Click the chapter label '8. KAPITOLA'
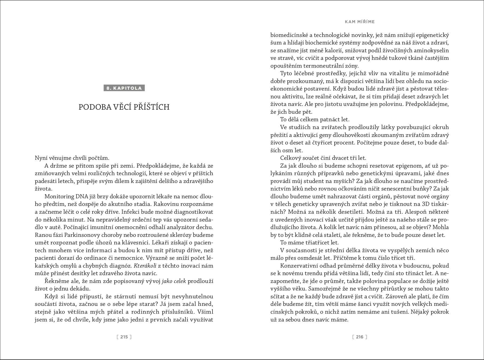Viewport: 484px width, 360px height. pyautogui.click(x=124, y=88)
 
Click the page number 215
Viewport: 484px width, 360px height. pyautogui.click(x=124, y=337)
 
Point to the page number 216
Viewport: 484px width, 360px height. pyautogui.click(x=360, y=337)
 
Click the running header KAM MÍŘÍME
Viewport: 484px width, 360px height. pyautogui.click(x=360, y=22)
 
